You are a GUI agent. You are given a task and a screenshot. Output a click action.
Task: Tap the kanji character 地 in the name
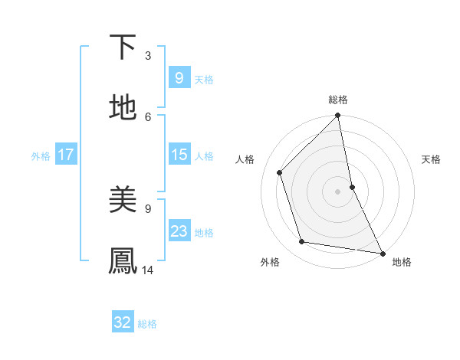123,108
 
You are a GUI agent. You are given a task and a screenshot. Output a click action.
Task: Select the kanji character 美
123,200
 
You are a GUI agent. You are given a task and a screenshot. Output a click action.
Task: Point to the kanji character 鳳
123,261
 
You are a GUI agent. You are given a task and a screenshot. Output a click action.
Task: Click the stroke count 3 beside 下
148,55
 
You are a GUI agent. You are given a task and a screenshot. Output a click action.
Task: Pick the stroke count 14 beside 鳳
148,270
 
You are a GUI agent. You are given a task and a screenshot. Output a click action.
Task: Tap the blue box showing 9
179,78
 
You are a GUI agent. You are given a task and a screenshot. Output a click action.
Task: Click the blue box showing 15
179,155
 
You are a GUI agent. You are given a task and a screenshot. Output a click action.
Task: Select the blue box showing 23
179,231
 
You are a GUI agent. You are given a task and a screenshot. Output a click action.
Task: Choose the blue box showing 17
65,155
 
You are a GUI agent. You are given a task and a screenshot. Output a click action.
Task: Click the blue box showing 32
123,322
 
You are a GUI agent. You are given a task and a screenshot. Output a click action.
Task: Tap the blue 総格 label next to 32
147,324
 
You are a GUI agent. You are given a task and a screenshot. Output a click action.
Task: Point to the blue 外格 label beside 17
41,156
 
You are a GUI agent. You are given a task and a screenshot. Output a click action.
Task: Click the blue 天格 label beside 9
204,80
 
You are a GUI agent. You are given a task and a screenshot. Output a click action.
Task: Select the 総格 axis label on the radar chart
338,100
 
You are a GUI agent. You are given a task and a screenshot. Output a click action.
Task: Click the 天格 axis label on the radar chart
432,159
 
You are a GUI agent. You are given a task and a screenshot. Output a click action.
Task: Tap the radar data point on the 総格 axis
338,116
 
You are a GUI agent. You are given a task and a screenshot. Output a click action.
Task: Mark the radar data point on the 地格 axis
382,253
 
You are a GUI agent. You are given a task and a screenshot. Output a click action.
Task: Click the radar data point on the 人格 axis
280,172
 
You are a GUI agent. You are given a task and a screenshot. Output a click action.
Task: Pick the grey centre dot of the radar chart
338,191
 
